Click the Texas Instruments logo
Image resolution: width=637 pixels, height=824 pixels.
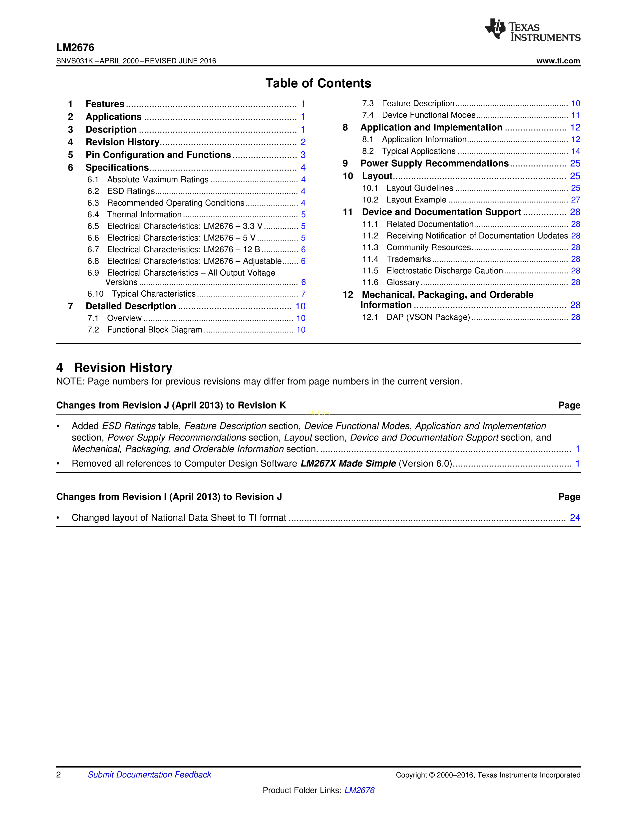tap(532, 30)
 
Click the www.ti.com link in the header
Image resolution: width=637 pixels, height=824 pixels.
tap(558, 61)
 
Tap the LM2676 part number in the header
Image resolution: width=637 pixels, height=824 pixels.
tap(75, 47)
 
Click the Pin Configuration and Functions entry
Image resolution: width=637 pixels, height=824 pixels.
tap(158, 155)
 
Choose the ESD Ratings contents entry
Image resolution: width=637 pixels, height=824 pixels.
tap(131, 191)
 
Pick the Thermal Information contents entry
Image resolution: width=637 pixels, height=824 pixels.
tap(144, 215)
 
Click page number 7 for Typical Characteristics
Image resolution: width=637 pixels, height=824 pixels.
tap(303, 294)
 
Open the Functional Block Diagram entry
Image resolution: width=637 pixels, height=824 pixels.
tap(154, 330)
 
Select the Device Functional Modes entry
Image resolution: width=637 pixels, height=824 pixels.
tap(428, 115)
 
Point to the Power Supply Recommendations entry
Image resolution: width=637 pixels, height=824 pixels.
tap(434, 163)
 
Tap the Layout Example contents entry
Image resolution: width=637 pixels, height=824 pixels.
tap(416, 200)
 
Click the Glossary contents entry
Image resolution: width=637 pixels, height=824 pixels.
tap(403, 283)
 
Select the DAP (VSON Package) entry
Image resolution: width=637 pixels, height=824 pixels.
tap(428, 317)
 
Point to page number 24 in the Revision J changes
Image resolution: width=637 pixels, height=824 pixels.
tap(575, 518)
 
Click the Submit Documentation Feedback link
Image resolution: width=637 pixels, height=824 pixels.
tap(149, 775)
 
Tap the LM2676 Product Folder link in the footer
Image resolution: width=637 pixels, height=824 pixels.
tap(359, 790)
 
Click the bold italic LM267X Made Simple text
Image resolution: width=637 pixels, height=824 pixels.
tap(348, 464)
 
